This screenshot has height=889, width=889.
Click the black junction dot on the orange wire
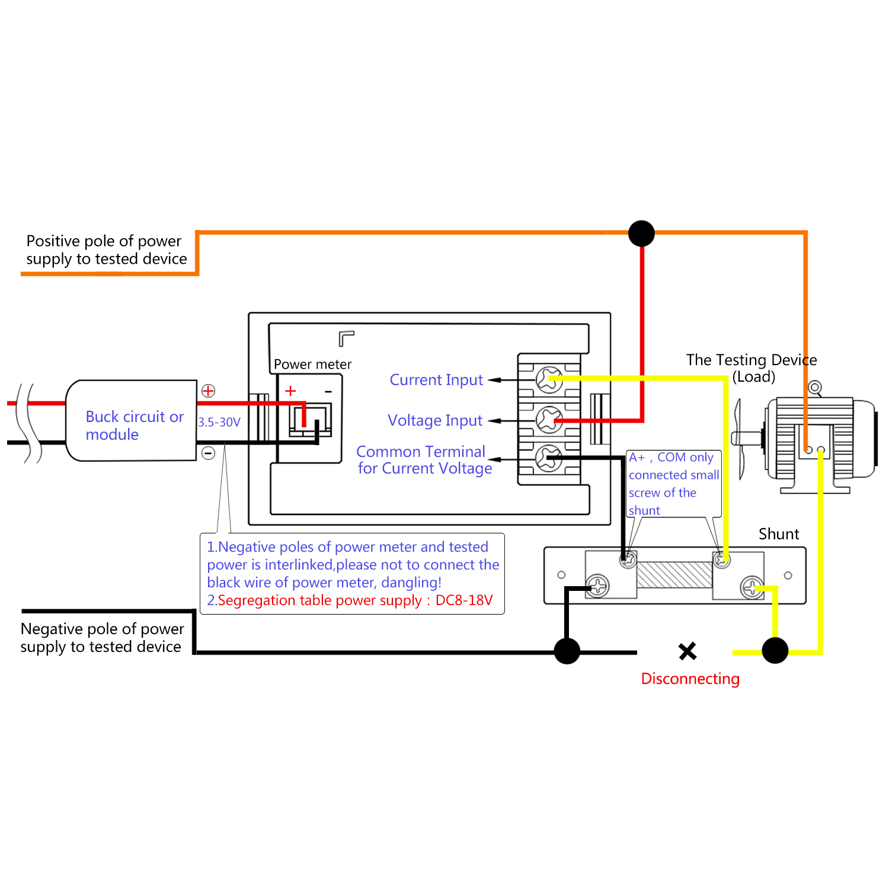tap(641, 233)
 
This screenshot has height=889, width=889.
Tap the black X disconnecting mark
tap(687, 651)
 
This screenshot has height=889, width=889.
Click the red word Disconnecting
tap(690, 679)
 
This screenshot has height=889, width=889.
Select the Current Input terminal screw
tap(549, 379)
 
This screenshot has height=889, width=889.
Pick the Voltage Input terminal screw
tap(549, 420)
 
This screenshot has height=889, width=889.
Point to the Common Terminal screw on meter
tap(549, 458)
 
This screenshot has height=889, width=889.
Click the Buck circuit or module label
tap(134, 425)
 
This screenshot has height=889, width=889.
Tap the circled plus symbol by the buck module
tap(208, 391)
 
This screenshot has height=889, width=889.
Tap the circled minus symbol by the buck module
tap(208, 453)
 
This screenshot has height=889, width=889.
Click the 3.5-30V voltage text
tap(219, 422)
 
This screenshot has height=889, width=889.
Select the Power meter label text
tap(312, 364)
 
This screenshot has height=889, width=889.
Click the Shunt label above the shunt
tap(778, 534)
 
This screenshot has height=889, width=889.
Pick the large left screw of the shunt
tap(598, 586)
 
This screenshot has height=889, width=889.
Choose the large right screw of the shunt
tap(752, 588)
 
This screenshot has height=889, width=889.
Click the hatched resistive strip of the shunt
tap(674, 574)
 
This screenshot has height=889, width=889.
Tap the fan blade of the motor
tap(739, 439)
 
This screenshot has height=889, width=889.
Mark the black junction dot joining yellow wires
tap(775, 651)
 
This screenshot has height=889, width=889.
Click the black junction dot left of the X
tap(567, 651)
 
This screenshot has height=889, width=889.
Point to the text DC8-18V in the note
tap(464, 600)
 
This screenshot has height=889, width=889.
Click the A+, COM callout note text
tap(673, 484)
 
